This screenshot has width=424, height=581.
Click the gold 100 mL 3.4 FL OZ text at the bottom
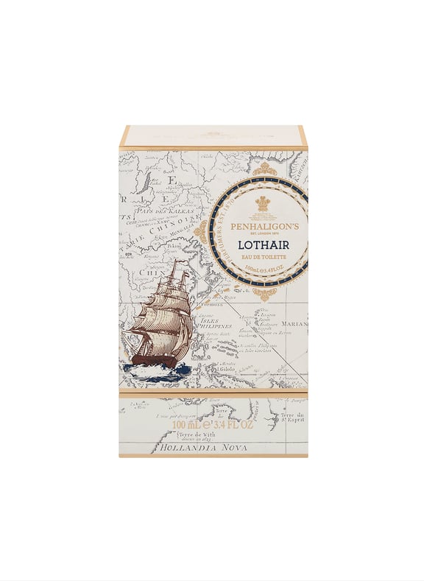point(213,425)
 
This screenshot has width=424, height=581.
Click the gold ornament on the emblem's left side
point(200,232)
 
